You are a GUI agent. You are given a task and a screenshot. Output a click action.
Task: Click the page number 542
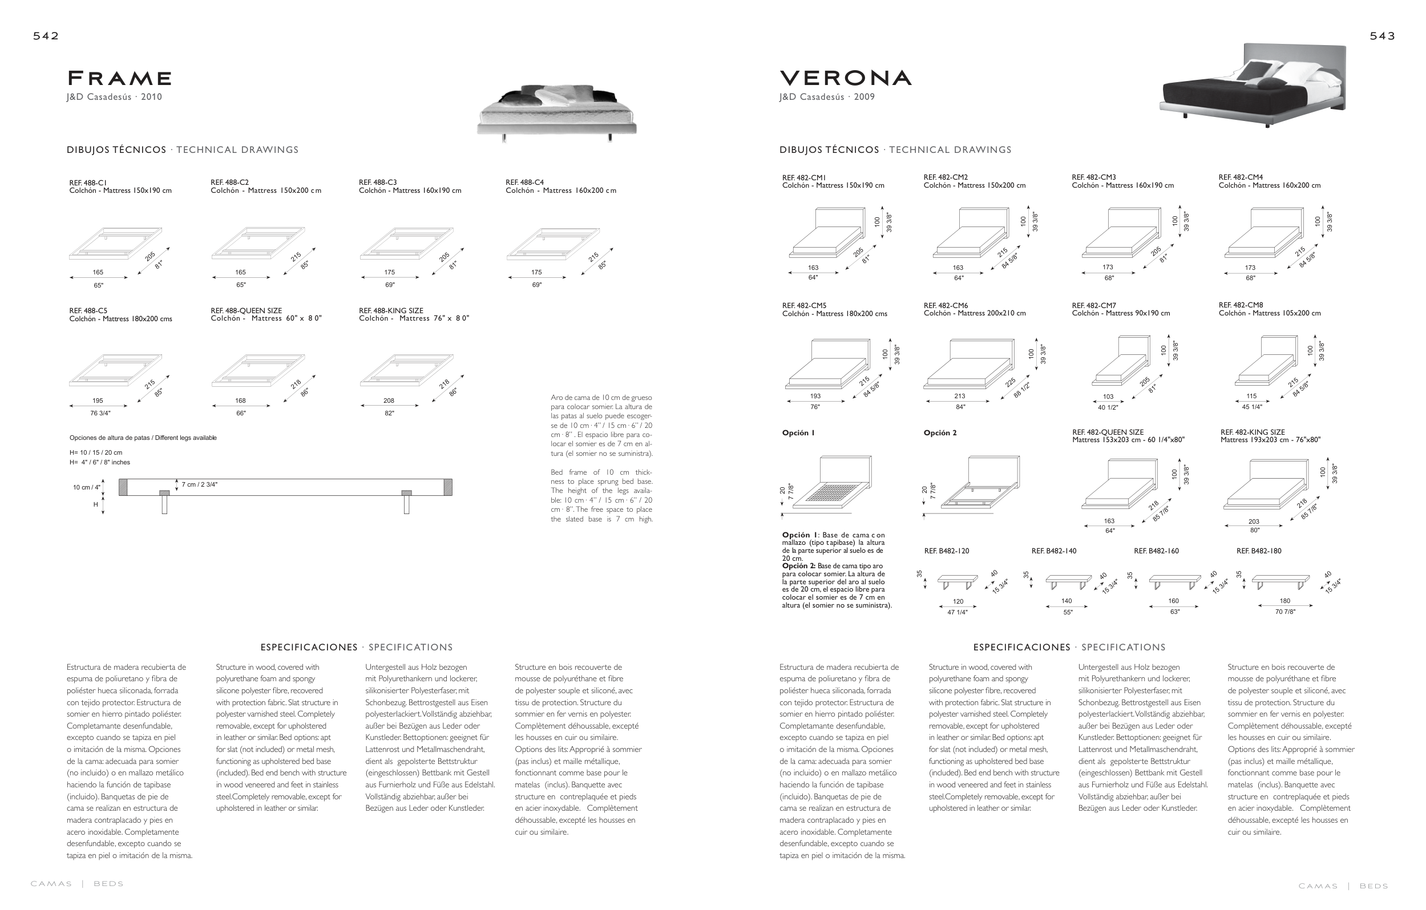pyautogui.click(x=46, y=36)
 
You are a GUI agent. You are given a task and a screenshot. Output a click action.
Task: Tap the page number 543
pyautogui.click(x=1382, y=36)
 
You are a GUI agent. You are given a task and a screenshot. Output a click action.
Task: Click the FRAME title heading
pyautogui.click(x=120, y=78)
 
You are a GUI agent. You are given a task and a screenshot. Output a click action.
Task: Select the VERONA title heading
pyautogui.click(x=846, y=78)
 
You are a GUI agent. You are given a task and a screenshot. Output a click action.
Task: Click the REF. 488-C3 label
pyautogui.click(x=378, y=183)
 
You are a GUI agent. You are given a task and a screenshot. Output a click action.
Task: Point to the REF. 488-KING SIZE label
pyautogui.click(x=391, y=311)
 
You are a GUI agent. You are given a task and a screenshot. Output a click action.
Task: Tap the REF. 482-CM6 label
pyautogui.click(x=946, y=305)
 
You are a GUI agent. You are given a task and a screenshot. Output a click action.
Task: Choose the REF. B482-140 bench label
pyautogui.click(x=1054, y=551)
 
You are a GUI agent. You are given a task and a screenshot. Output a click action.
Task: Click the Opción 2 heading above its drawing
pyautogui.click(x=940, y=433)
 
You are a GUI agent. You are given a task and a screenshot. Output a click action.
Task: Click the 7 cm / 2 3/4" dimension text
pyautogui.click(x=200, y=485)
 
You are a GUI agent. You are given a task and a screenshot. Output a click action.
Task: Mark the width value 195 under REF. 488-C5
pyautogui.click(x=98, y=401)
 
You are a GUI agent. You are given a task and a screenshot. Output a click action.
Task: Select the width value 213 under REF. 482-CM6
pyautogui.click(x=959, y=396)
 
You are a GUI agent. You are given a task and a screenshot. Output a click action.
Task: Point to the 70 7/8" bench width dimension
pyautogui.click(x=1285, y=612)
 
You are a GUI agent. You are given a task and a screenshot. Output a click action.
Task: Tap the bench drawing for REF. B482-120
pyautogui.click(x=957, y=581)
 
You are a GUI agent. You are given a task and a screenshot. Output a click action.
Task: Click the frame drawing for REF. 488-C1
pyautogui.click(x=115, y=244)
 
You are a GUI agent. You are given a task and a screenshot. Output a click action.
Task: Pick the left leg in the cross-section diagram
pyautogui.click(x=165, y=503)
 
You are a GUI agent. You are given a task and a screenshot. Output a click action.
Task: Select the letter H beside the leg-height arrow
pyautogui.click(x=95, y=505)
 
